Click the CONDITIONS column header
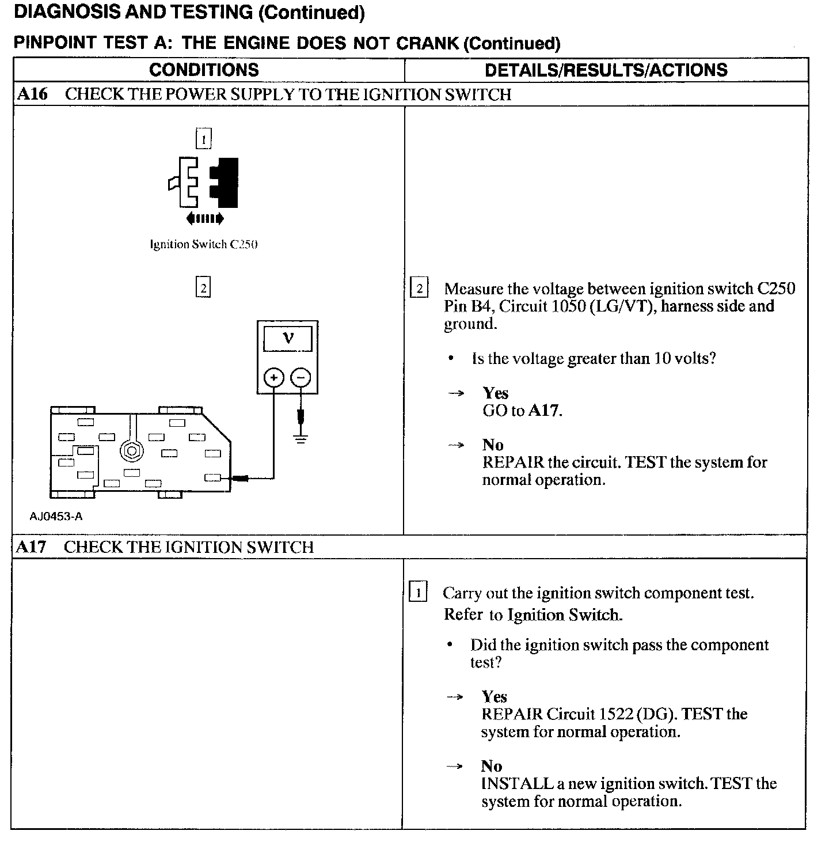point(204,70)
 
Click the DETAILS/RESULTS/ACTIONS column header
point(606,70)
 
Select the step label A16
point(32,94)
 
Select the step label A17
point(31,547)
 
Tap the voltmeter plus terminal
point(273,378)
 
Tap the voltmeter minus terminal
point(301,378)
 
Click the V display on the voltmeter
point(288,338)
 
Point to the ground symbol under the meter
point(301,438)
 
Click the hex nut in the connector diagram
point(132,450)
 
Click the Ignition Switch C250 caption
point(203,244)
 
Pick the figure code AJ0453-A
point(56,517)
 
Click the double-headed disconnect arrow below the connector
point(205,218)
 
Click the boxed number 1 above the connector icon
point(204,139)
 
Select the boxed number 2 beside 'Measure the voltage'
point(419,289)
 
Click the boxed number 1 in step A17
point(418,593)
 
